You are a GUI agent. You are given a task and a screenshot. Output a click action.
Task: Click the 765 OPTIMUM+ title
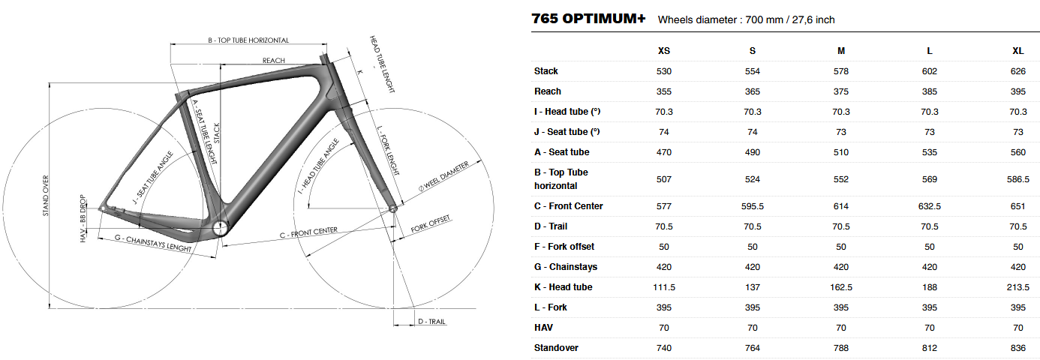pyautogui.click(x=588, y=19)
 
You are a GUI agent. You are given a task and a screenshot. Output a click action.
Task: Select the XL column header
pyautogui.click(x=1017, y=51)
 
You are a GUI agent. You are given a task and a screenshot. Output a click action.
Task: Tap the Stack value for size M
pyautogui.click(x=841, y=71)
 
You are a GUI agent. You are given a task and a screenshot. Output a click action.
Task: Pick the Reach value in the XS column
pyautogui.click(x=664, y=91)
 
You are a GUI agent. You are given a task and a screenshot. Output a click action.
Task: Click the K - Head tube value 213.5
pyautogui.click(x=1017, y=287)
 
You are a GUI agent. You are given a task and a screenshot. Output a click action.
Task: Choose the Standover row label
pyautogui.click(x=556, y=348)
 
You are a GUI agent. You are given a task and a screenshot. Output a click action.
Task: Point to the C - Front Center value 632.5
pyautogui.click(x=930, y=206)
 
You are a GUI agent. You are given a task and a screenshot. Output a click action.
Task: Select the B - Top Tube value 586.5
pyautogui.click(x=1017, y=179)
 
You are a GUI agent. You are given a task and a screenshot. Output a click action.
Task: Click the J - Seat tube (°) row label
pyautogui.click(x=567, y=132)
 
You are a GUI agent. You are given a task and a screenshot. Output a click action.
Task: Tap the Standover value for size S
pyautogui.click(x=753, y=348)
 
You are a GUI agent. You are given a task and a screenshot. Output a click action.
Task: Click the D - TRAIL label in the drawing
pyautogui.click(x=431, y=322)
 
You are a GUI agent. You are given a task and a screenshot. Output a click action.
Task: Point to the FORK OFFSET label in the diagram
pyautogui.click(x=431, y=223)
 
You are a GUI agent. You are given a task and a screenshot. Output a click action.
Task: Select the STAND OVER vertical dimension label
pyautogui.click(x=46, y=195)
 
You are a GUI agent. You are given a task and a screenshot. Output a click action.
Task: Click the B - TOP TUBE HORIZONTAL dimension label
pyautogui.click(x=248, y=40)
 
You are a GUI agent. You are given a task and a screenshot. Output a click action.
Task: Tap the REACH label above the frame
pyautogui.click(x=274, y=60)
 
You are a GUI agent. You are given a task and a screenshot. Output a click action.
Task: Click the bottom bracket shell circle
pyautogui.click(x=220, y=228)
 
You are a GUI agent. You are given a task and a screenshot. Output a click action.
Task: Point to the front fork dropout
pyautogui.click(x=392, y=208)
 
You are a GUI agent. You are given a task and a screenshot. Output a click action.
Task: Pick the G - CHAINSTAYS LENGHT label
pyautogui.click(x=153, y=243)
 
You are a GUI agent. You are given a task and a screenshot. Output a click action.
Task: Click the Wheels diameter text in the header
pyautogui.click(x=746, y=20)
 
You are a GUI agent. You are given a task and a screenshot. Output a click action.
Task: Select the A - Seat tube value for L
pyautogui.click(x=930, y=152)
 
